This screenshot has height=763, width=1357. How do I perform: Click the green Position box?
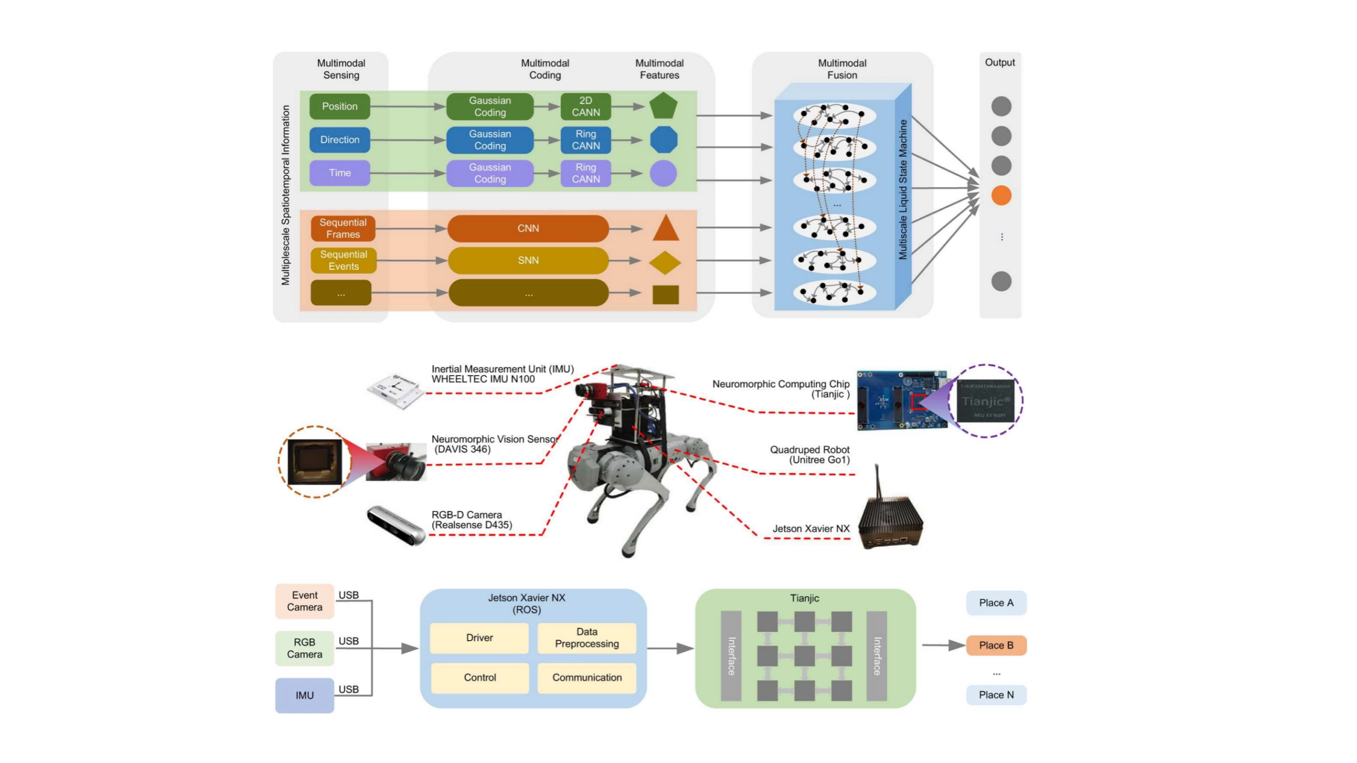(x=339, y=107)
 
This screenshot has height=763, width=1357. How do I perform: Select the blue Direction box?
(x=339, y=140)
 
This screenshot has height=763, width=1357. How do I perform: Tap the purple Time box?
(x=339, y=173)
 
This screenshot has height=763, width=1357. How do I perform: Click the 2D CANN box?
(x=585, y=107)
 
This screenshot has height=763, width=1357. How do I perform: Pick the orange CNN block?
(x=528, y=228)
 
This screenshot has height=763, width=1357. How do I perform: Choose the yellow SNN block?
(x=528, y=261)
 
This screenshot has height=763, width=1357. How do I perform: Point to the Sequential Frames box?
(x=342, y=228)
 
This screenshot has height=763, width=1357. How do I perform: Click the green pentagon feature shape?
(x=663, y=107)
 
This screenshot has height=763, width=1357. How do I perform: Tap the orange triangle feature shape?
(x=665, y=229)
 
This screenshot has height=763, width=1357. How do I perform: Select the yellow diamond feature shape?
(x=665, y=263)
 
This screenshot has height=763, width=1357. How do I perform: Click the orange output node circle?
(x=1001, y=196)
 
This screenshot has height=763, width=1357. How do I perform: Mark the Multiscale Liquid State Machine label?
(x=903, y=190)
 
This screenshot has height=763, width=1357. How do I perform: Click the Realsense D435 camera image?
(x=396, y=525)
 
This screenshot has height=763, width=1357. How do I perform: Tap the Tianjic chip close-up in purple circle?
(x=985, y=401)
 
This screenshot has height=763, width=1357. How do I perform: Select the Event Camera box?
(x=304, y=601)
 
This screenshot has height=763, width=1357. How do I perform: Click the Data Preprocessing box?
(x=586, y=638)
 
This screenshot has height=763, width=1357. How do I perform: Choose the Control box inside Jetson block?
(x=480, y=678)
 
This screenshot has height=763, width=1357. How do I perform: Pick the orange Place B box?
(x=995, y=645)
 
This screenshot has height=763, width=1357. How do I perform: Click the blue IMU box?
(x=304, y=695)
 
